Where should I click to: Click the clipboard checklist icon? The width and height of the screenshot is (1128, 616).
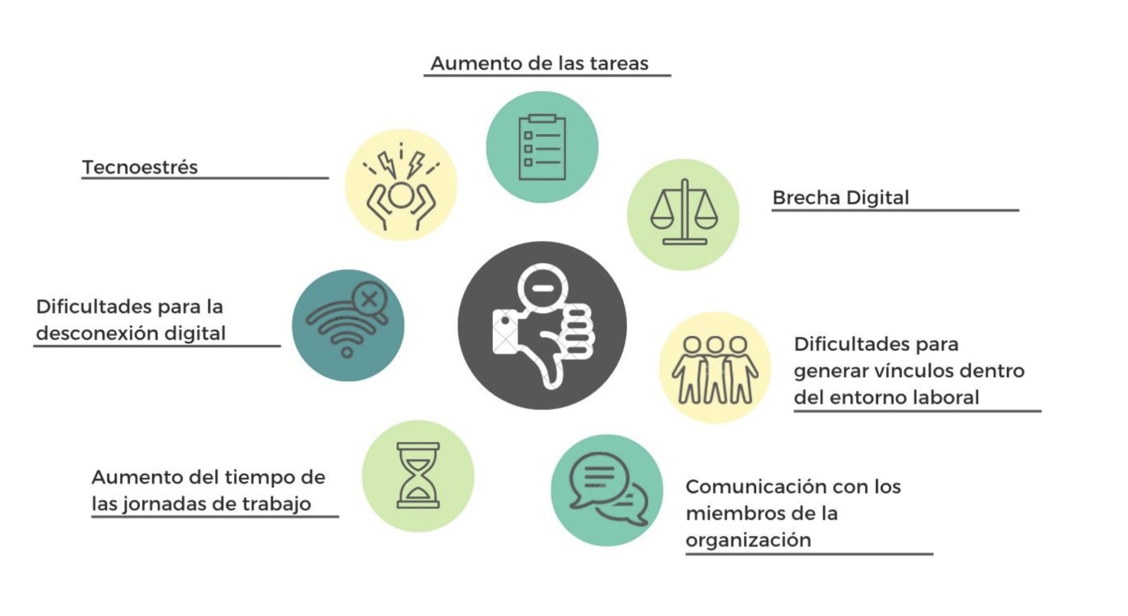click(542, 147)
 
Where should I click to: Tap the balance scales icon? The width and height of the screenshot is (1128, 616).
click(684, 213)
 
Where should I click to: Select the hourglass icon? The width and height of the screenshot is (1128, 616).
click(418, 476)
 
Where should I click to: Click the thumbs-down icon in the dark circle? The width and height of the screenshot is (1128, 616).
click(542, 326)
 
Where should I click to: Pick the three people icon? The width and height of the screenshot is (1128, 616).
click(714, 369)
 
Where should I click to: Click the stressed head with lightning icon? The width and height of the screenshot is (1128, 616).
click(401, 186)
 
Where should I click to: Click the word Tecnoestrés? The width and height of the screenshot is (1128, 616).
click(140, 167)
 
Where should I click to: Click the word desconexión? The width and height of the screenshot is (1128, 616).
click(97, 333)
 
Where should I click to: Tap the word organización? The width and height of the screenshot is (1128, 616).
click(748, 540)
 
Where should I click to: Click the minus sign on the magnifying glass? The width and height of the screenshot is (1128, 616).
click(543, 288)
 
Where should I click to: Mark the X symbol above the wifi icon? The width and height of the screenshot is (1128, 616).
click(370, 298)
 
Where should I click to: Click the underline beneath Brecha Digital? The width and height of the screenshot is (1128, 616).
click(895, 210)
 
